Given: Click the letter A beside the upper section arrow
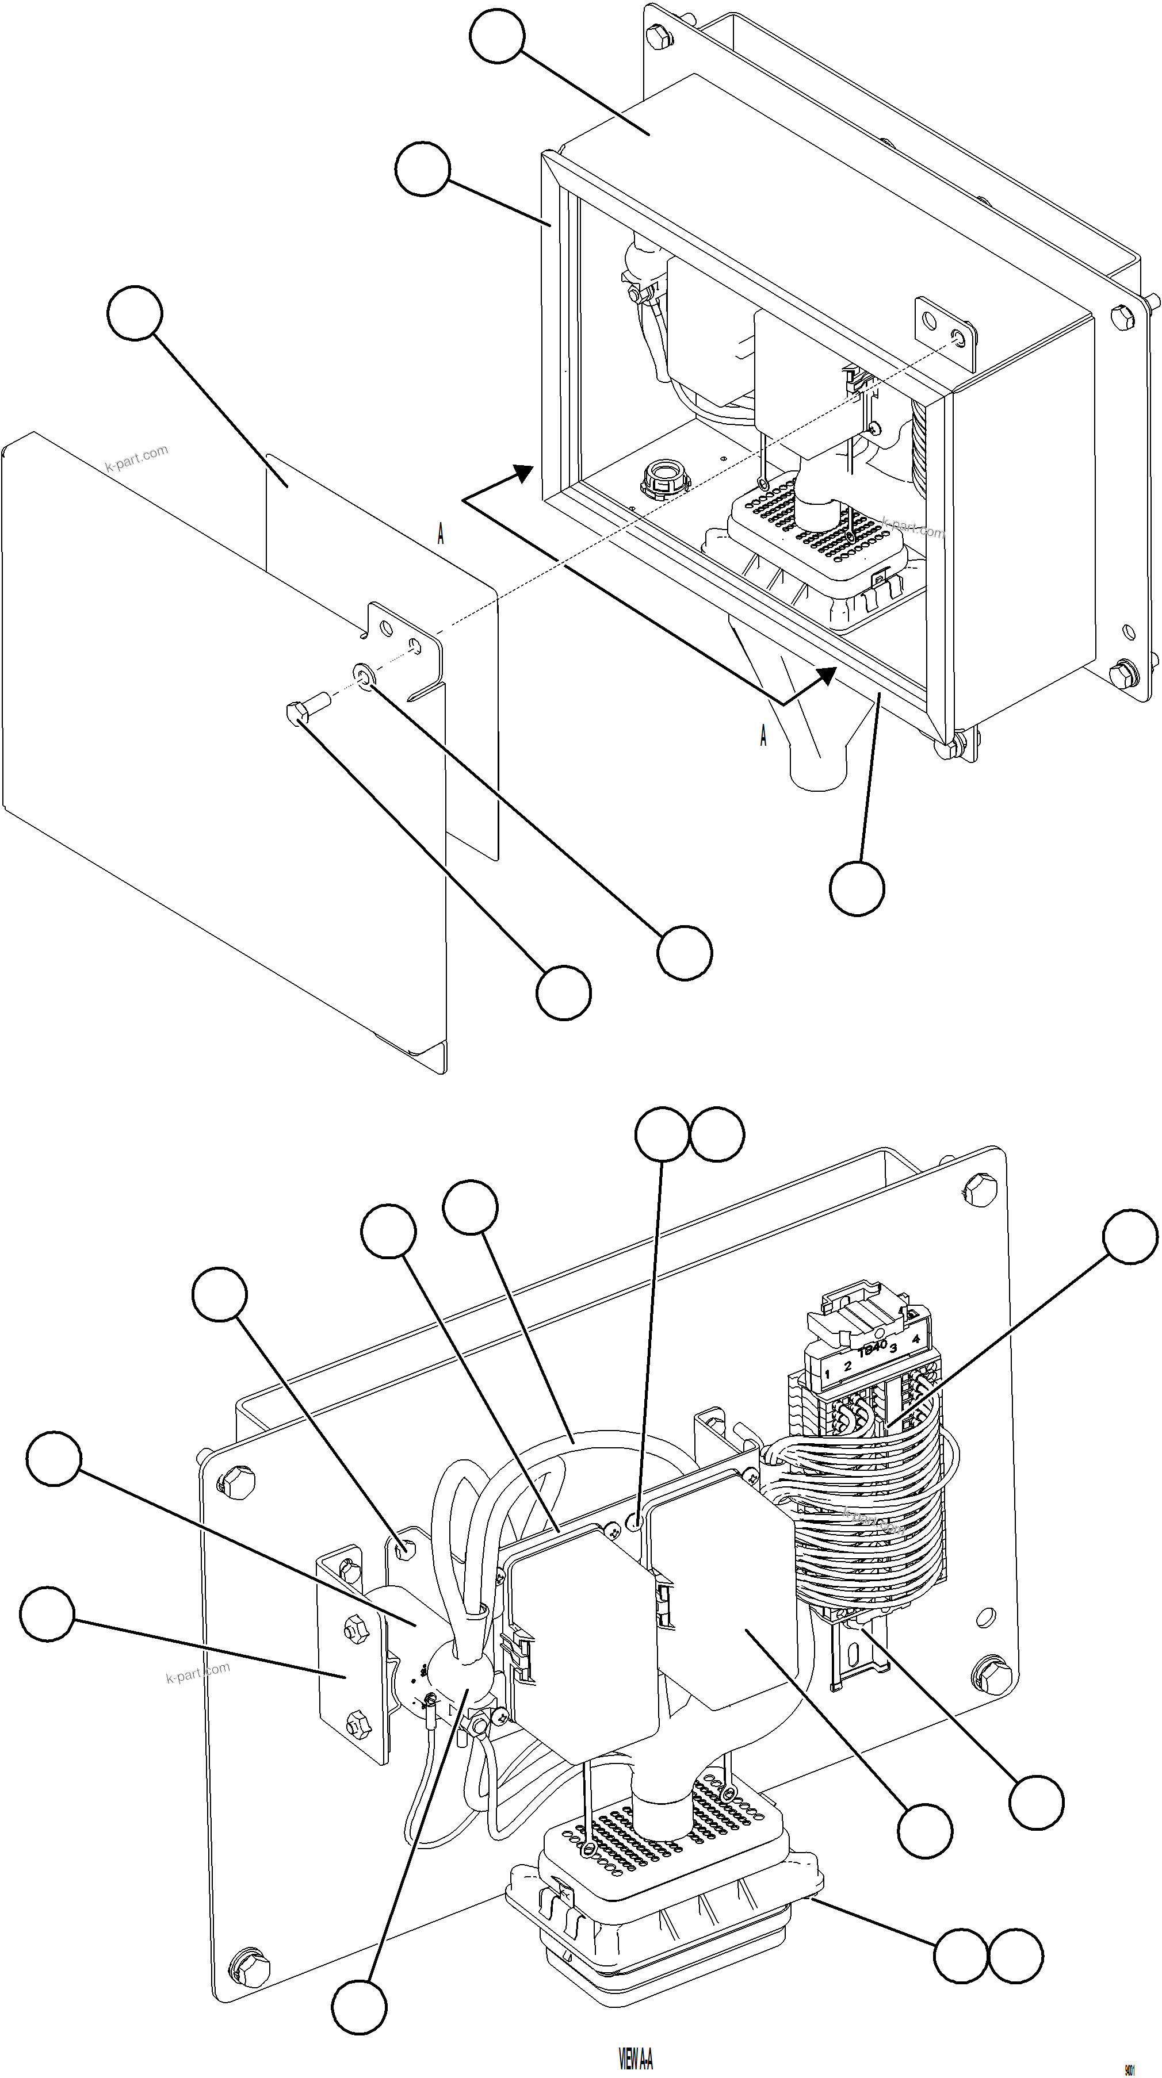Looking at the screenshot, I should point(441,534).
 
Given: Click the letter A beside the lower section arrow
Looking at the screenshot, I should point(763,735).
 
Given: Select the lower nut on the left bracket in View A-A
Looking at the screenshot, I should point(354,1725).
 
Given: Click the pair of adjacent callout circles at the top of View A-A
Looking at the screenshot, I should point(689,1134).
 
